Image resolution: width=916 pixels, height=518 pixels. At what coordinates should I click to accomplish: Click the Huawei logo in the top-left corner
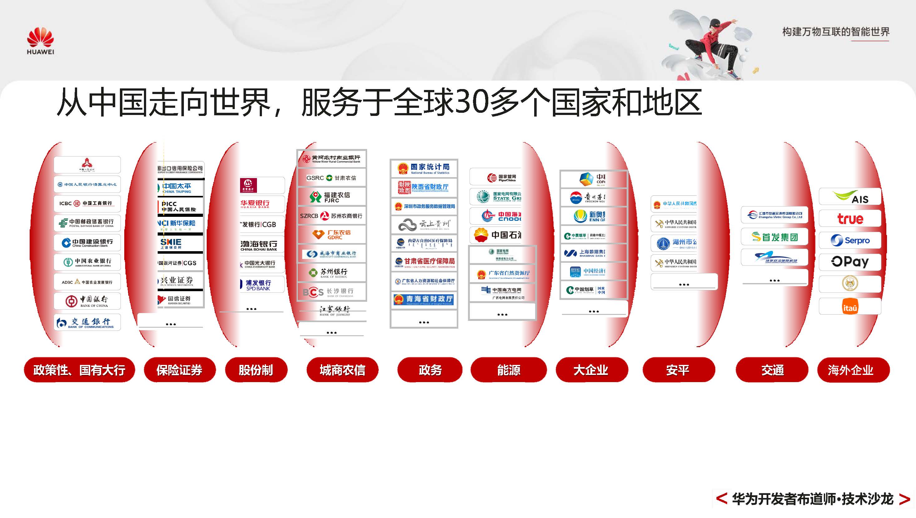(x=40, y=41)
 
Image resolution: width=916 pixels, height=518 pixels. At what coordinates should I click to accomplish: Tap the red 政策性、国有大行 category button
(x=79, y=370)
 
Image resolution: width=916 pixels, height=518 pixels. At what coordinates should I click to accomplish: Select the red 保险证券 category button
(x=180, y=370)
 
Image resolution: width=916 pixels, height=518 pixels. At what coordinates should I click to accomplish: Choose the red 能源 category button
(x=509, y=370)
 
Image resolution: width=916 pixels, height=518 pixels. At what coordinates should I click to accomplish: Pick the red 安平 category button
(x=678, y=370)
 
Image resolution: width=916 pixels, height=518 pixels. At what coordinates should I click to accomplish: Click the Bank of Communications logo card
(x=87, y=322)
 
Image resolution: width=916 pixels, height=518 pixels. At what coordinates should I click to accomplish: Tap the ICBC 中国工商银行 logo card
(x=87, y=203)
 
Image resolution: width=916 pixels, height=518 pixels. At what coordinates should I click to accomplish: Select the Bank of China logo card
(x=87, y=301)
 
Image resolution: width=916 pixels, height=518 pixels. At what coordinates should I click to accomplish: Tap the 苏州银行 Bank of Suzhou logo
(x=332, y=273)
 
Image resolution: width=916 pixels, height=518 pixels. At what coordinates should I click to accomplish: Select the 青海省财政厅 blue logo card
(x=424, y=300)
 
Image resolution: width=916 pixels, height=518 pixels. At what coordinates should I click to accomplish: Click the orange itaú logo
(x=850, y=307)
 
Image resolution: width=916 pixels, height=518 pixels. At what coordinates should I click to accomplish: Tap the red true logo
(x=850, y=218)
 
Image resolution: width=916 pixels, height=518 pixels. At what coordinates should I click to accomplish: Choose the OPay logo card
(x=850, y=262)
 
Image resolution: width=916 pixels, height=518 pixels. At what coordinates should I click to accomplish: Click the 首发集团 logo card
(x=775, y=237)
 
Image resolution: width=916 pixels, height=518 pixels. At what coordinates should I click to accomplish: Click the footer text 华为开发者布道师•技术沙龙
(x=813, y=499)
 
